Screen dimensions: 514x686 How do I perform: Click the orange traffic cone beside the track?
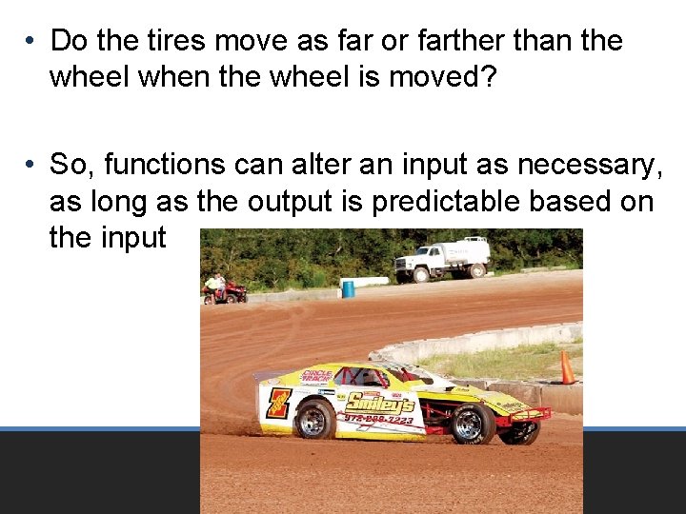point(567,368)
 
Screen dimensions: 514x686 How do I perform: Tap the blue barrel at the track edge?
point(349,288)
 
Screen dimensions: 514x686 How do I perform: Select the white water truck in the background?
point(442,259)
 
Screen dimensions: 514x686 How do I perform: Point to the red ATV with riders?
point(226,289)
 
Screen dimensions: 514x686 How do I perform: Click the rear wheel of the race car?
point(314,419)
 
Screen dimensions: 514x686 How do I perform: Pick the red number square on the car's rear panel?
point(278,403)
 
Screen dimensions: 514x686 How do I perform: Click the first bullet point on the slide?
point(31,41)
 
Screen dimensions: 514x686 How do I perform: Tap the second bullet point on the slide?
point(31,165)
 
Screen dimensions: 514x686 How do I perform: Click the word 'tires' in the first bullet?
point(175,41)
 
